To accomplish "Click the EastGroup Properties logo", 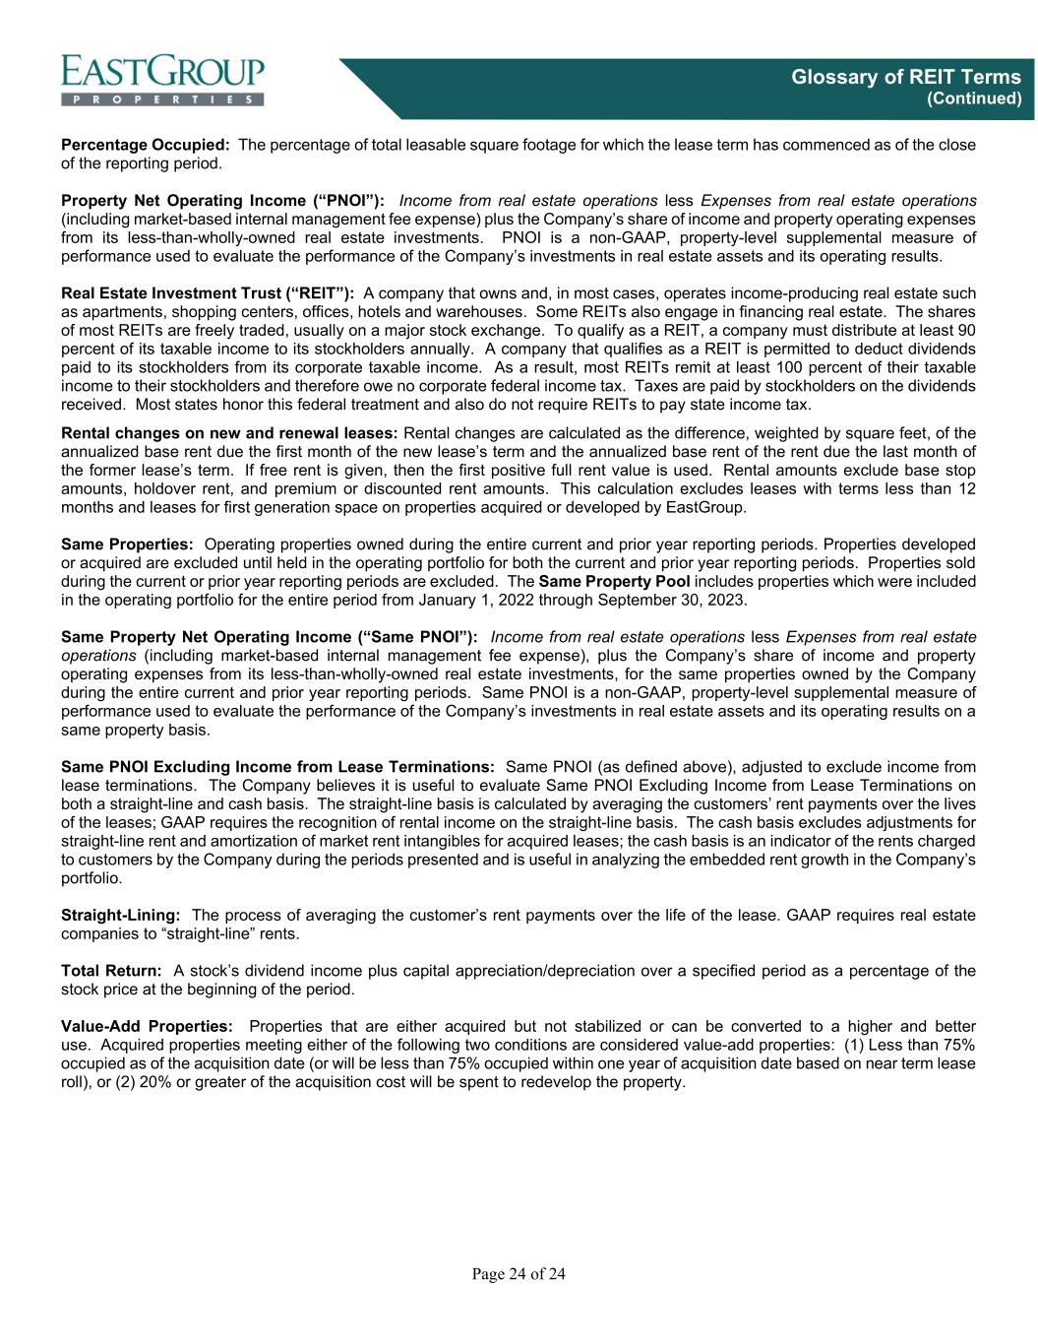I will point(162,78).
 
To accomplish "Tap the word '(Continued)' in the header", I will point(975,99).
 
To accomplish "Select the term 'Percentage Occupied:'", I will point(146,145).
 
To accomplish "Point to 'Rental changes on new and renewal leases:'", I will point(229,433).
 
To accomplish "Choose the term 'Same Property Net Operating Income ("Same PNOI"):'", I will point(270,637).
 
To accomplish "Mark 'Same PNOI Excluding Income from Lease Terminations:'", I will point(277,766).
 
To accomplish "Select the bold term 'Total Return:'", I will point(111,970).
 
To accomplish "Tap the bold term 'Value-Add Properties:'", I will point(148,1026).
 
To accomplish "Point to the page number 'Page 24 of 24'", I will point(519,1275).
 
